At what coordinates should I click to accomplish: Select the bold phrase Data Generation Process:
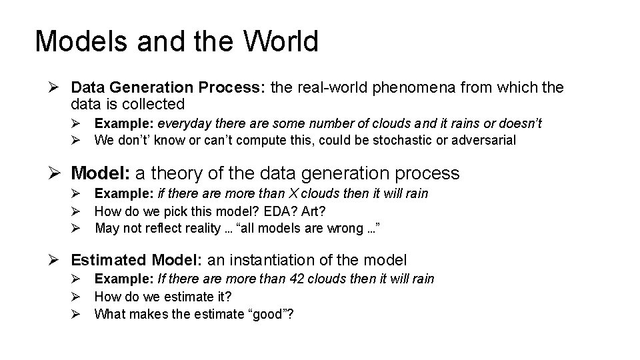pos(167,87)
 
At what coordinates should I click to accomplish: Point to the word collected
pos(151,104)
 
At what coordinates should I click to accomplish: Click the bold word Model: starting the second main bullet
pos(101,174)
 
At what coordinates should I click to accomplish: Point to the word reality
pos(205,228)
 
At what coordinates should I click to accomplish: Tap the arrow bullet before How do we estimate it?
pos(77,296)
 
